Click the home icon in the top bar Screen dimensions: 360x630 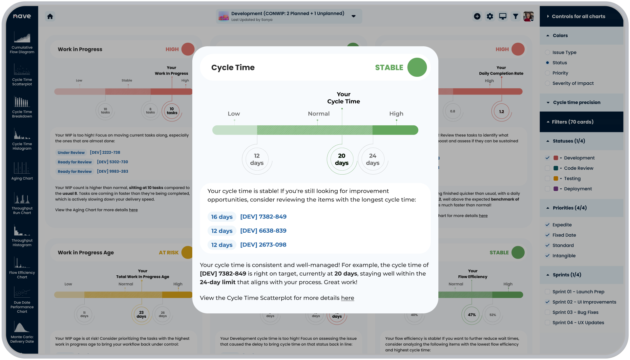coord(50,16)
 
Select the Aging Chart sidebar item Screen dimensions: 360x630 coord(22,171)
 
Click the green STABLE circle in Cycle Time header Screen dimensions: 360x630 coord(417,67)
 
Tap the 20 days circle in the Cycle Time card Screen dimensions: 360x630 coord(342,159)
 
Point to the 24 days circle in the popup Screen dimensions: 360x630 coord(372,159)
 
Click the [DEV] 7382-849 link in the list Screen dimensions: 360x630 coord(263,217)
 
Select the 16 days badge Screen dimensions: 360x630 coord(222,217)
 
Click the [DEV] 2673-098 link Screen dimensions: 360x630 coord(263,245)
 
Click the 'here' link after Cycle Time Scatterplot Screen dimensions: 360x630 coord(347,298)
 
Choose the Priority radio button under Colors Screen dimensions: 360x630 coord(547,73)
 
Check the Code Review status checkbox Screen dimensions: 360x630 coord(547,168)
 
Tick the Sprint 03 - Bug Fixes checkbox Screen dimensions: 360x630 coord(547,312)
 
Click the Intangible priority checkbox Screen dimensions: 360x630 coord(547,256)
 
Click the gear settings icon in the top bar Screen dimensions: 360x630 coord(490,16)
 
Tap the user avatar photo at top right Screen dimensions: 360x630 coord(528,16)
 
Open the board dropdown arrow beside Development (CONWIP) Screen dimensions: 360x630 coord(353,16)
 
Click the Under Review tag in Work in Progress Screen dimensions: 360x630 coord(71,153)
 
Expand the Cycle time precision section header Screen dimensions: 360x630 coord(577,102)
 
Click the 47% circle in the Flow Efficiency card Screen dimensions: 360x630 coord(472,315)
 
